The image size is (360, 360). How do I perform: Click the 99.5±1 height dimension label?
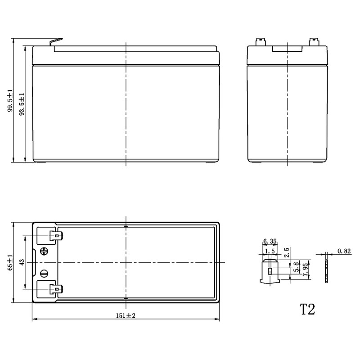pyautogui.click(x=10, y=100)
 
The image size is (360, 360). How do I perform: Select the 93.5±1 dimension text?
pyautogui.click(x=22, y=104)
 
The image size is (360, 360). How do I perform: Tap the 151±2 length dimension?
pyautogui.click(x=126, y=316)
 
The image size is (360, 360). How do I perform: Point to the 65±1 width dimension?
pyautogui.click(x=10, y=262)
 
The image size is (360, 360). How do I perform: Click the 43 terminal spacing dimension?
pyautogui.click(x=22, y=262)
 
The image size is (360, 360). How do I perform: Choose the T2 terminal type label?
pyautogui.click(x=307, y=310)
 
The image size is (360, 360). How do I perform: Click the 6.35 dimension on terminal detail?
pyautogui.click(x=270, y=241)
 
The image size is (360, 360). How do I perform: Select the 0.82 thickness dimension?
pyautogui.click(x=344, y=251)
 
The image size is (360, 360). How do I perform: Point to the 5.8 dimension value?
pyautogui.click(x=297, y=267)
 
